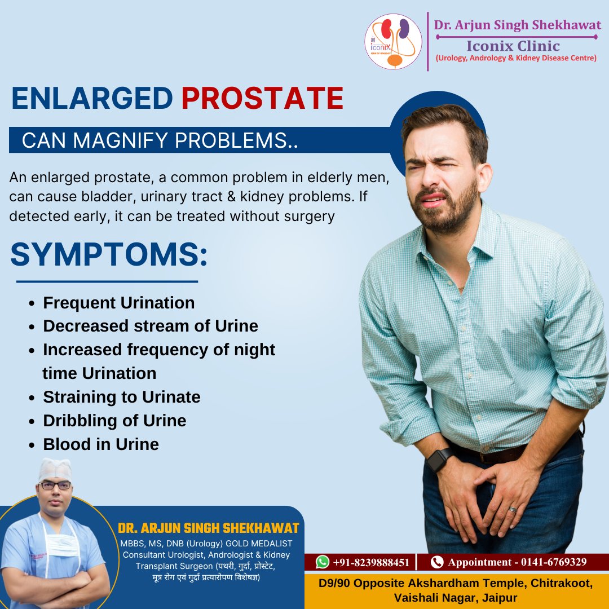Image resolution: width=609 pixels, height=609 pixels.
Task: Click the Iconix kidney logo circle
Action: [393, 42]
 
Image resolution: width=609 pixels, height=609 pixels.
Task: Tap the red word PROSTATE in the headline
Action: [263, 98]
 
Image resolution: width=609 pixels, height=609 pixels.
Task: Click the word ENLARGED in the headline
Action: [92, 98]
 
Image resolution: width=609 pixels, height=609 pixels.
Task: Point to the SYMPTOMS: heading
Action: [109, 254]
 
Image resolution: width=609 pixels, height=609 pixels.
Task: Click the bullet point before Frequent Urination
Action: [32, 303]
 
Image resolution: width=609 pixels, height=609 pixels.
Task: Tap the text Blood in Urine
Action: [101, 444]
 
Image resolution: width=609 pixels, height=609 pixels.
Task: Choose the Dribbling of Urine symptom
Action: [114, 421]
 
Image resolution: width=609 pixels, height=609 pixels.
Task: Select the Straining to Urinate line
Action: [122, 397]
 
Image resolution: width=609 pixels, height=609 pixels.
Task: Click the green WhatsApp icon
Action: [323, 562]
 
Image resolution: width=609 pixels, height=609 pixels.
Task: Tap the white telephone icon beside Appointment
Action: [437, 562]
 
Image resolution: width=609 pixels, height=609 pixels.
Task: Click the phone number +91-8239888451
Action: [371, 562]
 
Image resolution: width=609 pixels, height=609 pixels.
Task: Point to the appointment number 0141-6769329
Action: [554, 562]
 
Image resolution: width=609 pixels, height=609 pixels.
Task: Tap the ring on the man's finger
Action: [513, 509]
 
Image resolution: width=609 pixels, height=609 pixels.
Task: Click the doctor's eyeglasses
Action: [55, 486]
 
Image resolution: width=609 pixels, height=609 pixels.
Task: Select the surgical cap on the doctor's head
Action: [55, 469]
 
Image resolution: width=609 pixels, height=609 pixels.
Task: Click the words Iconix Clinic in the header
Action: [513, 46]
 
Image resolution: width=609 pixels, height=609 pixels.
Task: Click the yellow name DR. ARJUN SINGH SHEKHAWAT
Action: [209, 528]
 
